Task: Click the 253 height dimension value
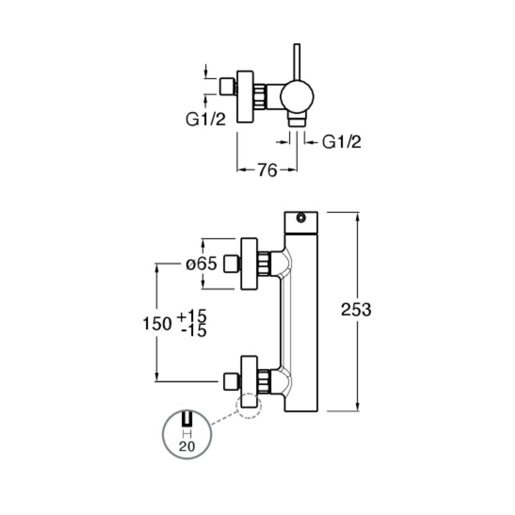356,310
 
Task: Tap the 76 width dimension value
267,170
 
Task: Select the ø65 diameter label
201,264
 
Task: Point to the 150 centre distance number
157,324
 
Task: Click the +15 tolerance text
192,317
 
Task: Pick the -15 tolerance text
194,331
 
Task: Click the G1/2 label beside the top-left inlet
206,119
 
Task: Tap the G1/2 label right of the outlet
342,142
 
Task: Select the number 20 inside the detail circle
187,446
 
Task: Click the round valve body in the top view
297,97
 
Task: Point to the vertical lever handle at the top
297,62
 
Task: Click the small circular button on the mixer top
301,218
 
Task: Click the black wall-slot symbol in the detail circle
187,419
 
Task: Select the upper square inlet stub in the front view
231,264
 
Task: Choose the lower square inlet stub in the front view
231,381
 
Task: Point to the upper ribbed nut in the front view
264,264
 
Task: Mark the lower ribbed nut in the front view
264,381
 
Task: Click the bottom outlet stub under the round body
297,120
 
